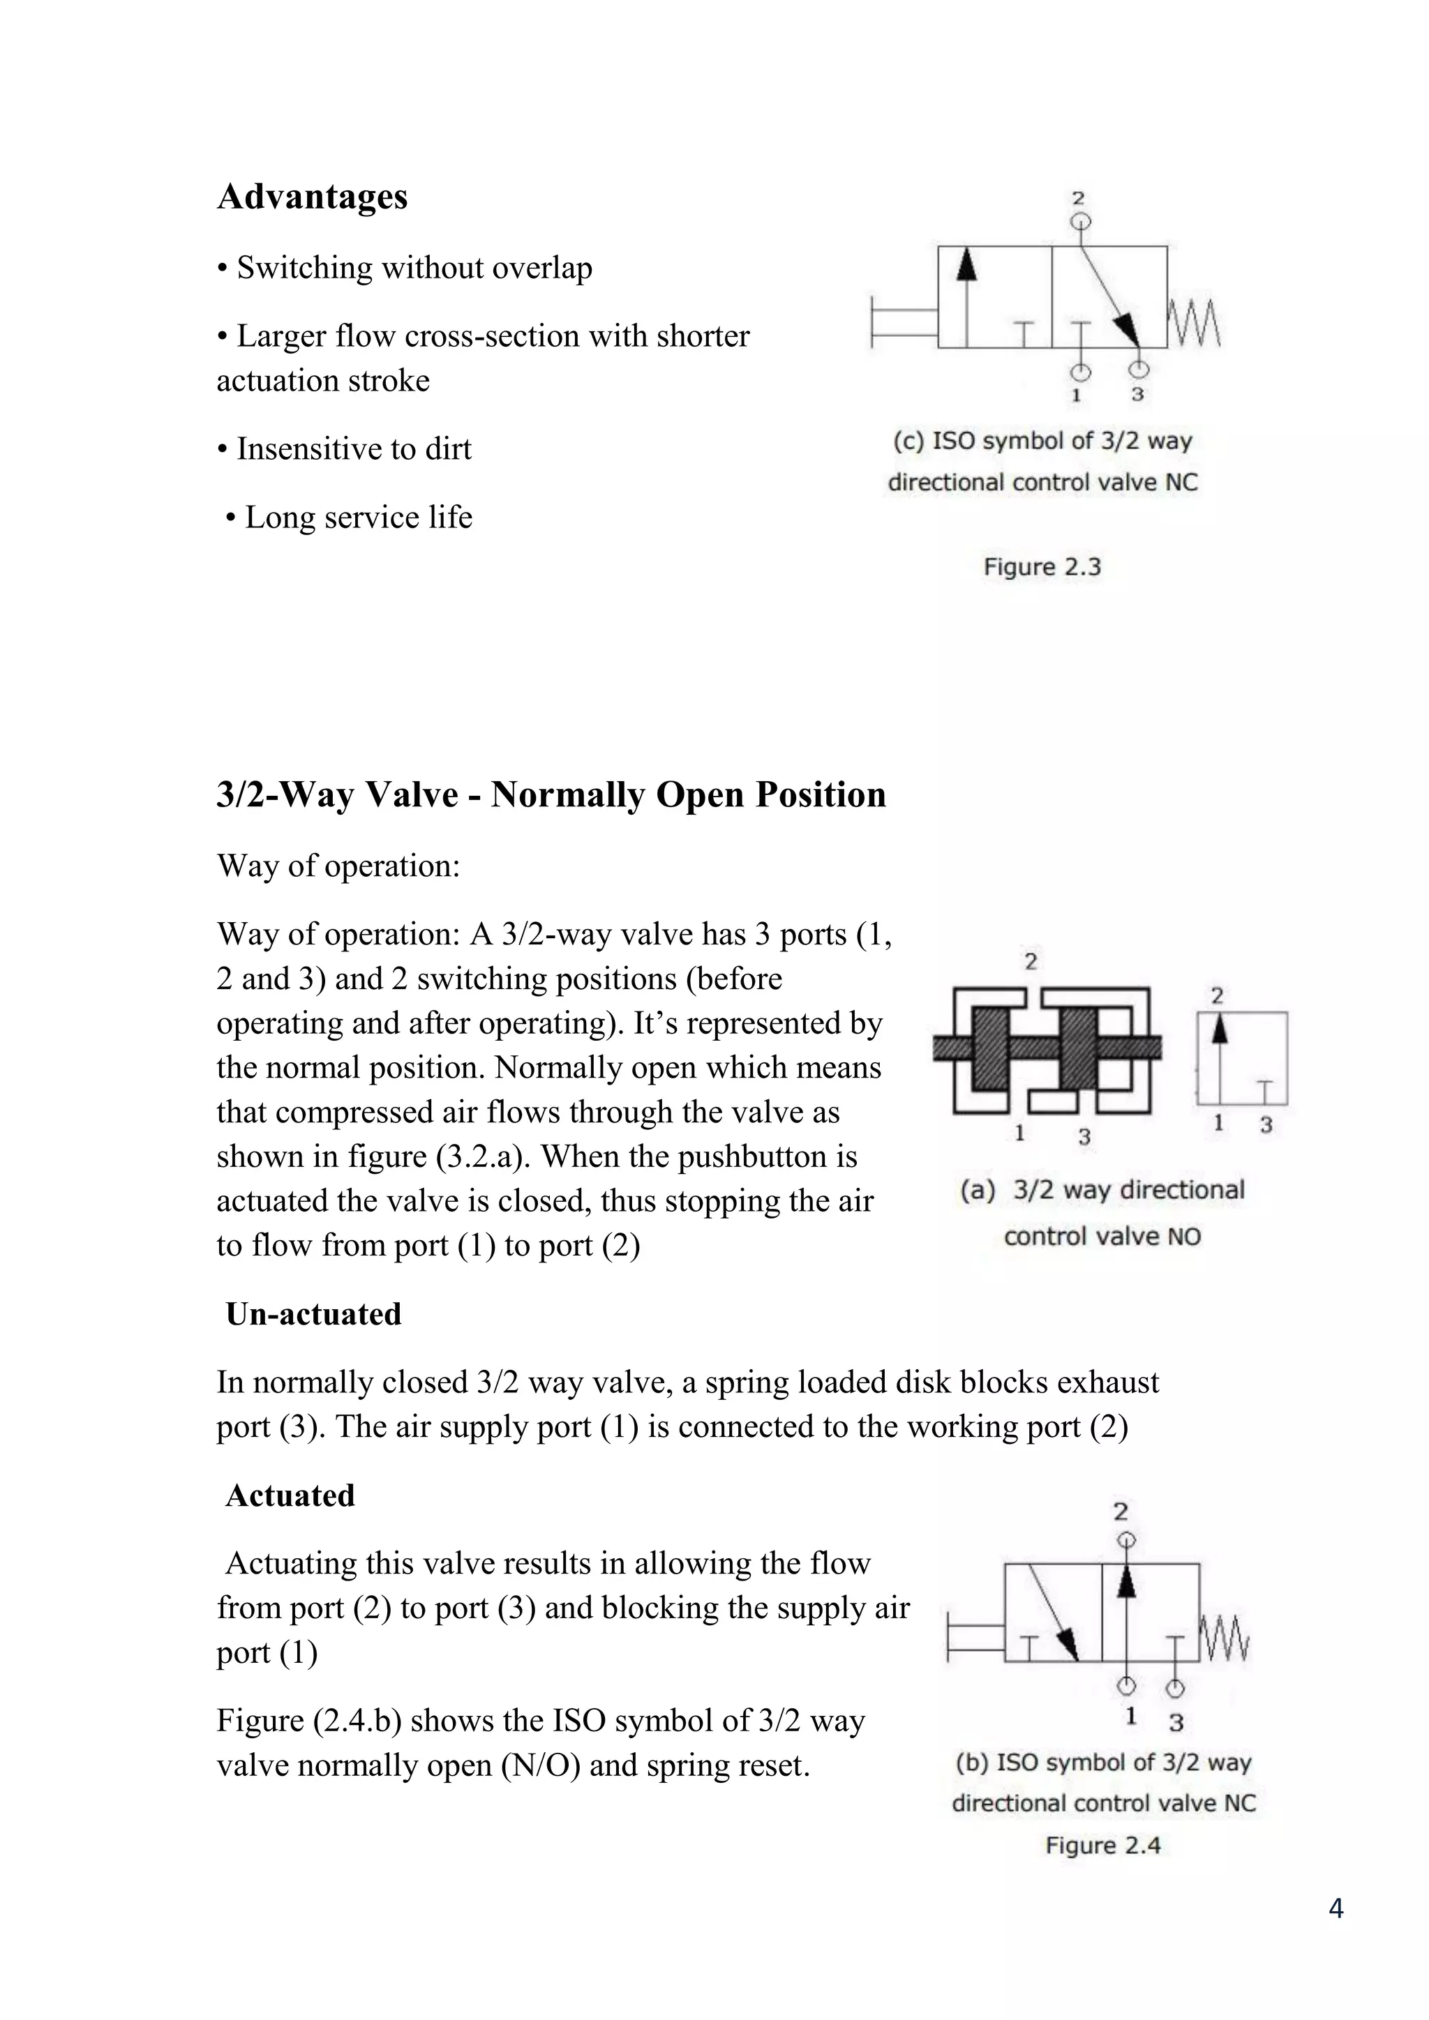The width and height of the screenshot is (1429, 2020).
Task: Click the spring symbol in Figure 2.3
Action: (1194, 324)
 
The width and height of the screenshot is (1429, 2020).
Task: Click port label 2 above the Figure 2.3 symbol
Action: (1079, 198)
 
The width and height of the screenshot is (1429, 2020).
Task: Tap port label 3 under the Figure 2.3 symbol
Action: (1138, 394)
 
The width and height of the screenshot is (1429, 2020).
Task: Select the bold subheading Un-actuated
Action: (313, 1314)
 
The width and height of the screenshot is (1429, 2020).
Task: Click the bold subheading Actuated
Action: (290, 1495)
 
